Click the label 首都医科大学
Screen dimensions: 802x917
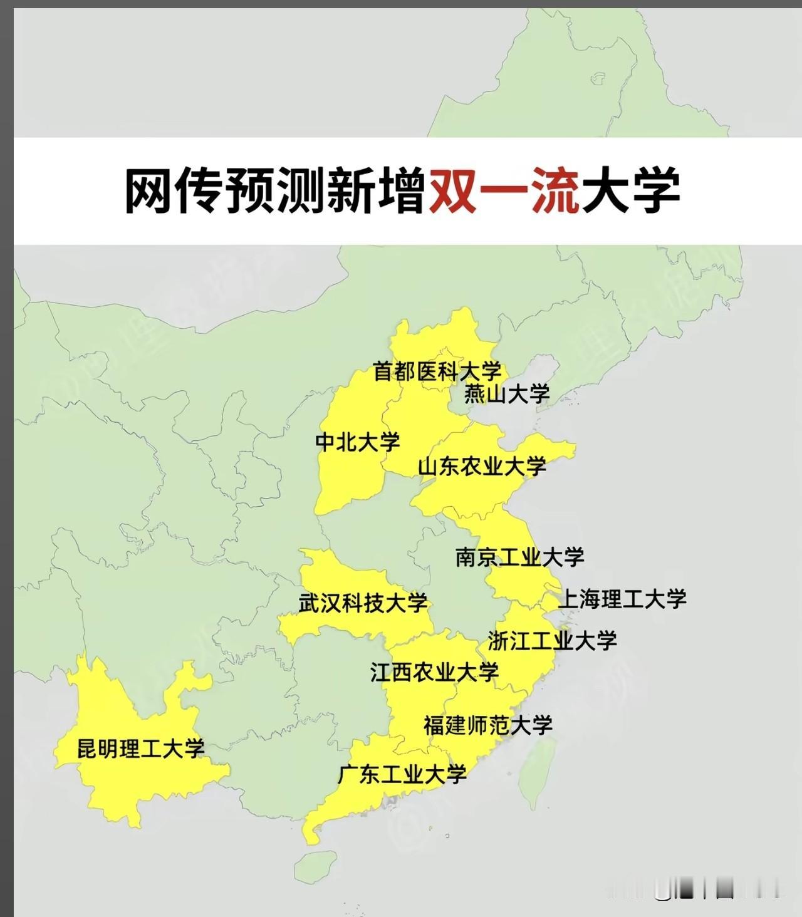(x=437, y=371)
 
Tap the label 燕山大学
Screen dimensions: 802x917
(x=506, y=394)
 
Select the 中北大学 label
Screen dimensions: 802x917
(x=357, y=442)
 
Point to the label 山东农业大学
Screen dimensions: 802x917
(x=482, y=467)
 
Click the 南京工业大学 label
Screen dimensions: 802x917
(x=519, y=557)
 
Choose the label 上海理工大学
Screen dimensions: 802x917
(x=622, y=599)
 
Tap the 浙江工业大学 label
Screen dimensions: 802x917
(x=552, y=641)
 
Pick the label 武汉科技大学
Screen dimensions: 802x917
(x=363, y=603)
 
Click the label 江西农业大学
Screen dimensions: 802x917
(x=434, y=673)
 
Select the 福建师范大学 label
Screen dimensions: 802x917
(x=487, y=725)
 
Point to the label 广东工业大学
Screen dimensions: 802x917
(x=402, y=775)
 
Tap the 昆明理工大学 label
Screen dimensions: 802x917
(x=140, y=749)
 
